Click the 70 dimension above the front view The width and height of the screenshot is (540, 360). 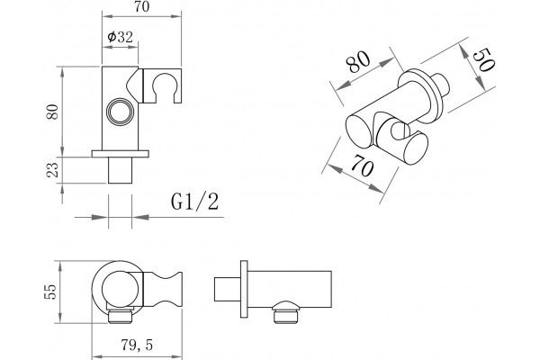[x=142, y=7]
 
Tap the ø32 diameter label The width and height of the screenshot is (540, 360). [x=120, y=36]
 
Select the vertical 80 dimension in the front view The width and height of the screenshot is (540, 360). [x=52, y=112]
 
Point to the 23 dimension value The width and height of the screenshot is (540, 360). [x=52, y=170]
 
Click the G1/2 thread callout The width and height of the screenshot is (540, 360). [x=194, y=202]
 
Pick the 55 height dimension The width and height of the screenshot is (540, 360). [x=50, y=292]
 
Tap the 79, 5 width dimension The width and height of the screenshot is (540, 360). [x=137, y=345]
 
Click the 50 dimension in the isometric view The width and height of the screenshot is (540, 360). [x=483, y=60]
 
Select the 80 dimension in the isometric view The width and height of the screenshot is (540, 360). [x=358, y=62]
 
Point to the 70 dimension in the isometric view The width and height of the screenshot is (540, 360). [x=363, y=166]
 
